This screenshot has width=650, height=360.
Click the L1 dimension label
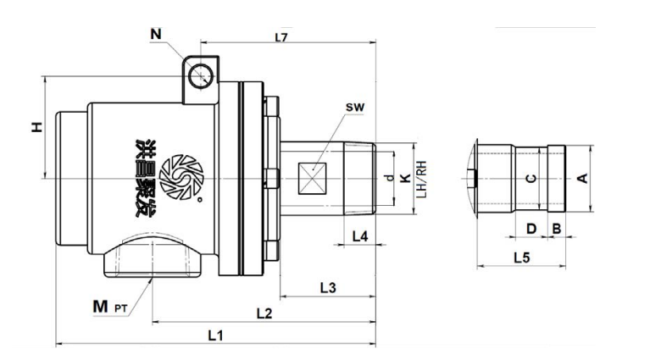tap(215, 335)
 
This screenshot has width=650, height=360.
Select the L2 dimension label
tap(264, 313)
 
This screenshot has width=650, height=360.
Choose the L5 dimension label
tap(523, 256)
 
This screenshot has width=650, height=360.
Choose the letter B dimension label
tap(556, 228)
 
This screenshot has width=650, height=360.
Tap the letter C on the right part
tap(531, 179)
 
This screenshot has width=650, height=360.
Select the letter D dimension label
tap(531, 228)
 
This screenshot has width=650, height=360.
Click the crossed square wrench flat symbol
tap(314, 178)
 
